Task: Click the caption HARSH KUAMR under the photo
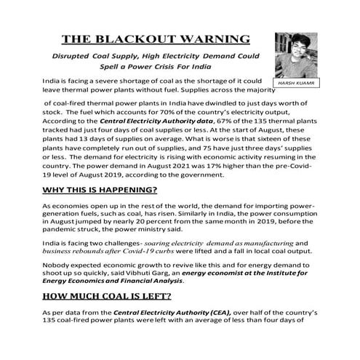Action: pos(296,84)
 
